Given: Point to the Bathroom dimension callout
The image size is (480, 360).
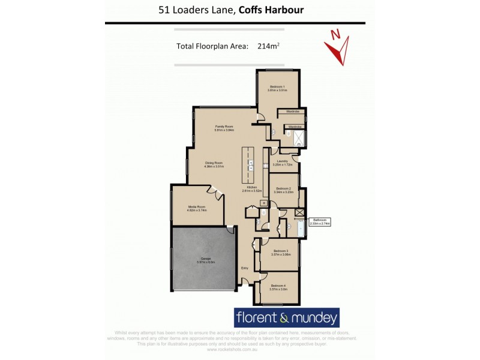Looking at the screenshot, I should tap(319, 221).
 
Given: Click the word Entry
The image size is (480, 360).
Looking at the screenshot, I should tap(245, 268).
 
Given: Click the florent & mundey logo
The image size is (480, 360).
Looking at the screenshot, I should tap(286, 317).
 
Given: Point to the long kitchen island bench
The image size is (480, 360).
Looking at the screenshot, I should tap(247, 166).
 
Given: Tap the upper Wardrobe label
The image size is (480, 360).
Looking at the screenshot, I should tap(293, 112).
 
